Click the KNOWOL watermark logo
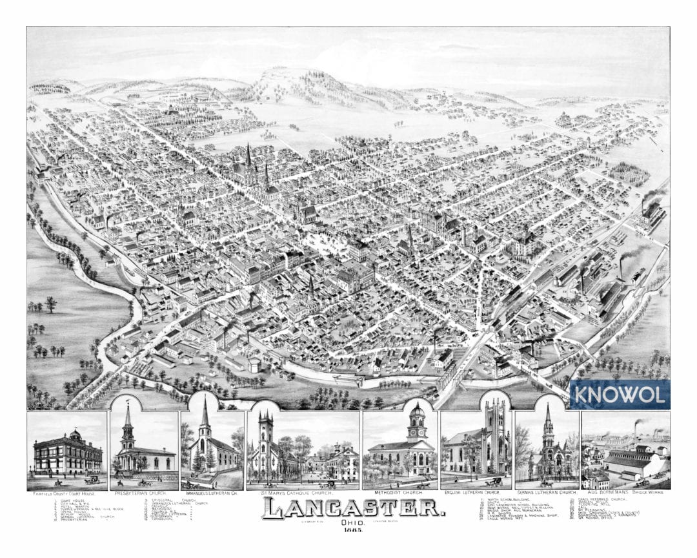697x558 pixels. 620,394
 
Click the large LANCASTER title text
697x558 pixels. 353,508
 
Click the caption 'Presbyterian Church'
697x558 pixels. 141,493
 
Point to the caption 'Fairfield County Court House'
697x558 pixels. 66,493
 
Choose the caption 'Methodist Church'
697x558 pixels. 399,493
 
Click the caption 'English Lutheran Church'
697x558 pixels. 476,493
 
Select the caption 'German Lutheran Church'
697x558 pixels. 547,493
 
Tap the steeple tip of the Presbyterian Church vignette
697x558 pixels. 128,404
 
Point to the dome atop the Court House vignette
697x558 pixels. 75,434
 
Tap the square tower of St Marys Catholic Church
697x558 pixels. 264,433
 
